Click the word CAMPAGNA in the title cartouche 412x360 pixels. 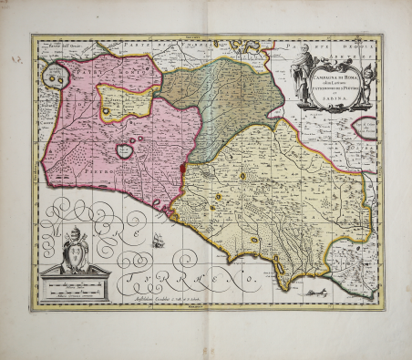point(324,78)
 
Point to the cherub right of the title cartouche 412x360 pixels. point(367,77)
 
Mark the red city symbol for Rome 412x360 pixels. point(183,169)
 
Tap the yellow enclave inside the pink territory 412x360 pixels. point(119,101)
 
